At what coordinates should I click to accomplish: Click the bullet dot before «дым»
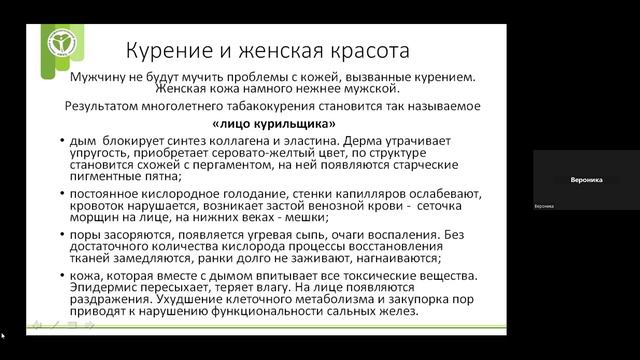click(63, 141)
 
